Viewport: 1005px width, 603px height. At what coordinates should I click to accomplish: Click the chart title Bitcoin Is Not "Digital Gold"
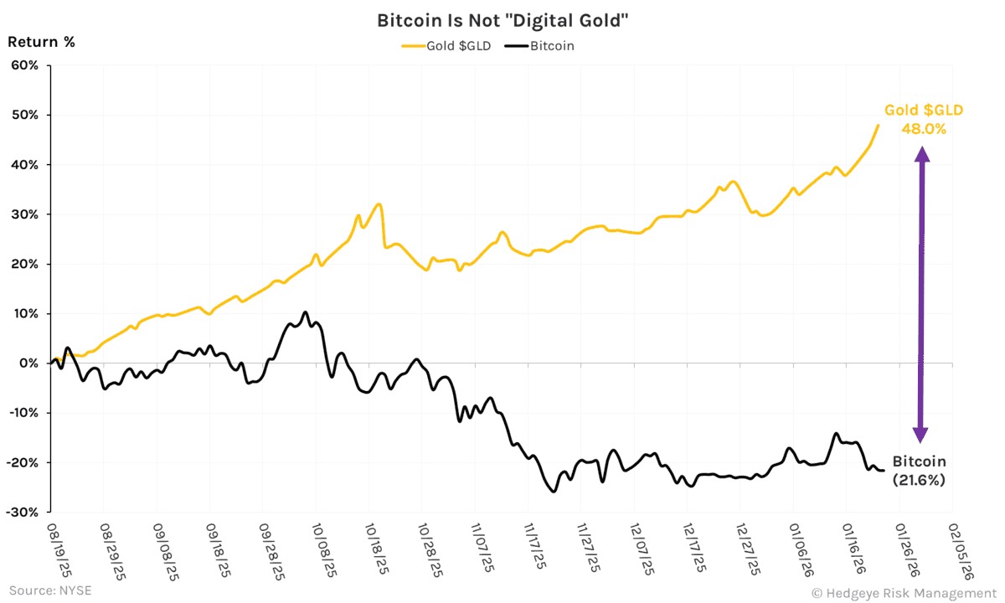[502, 20]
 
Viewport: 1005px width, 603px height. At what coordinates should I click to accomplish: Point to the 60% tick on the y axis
[24, 65]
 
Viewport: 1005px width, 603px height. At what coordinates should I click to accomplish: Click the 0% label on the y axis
[29, 363]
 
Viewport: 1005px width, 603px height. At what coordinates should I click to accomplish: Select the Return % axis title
[41, 41]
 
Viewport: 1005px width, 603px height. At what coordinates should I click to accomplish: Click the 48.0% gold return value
[923, 129]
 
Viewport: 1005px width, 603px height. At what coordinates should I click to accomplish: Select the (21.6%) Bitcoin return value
[919, 481]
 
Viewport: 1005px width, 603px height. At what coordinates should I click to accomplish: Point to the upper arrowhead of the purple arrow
[921, 153]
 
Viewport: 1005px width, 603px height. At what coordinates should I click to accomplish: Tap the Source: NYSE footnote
[50, 590]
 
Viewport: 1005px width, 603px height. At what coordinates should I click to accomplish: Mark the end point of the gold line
[878, 126]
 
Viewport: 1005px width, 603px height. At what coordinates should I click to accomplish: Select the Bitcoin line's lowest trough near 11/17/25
[553, 492]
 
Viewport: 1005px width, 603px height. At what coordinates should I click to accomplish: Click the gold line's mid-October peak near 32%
[379, 204]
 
